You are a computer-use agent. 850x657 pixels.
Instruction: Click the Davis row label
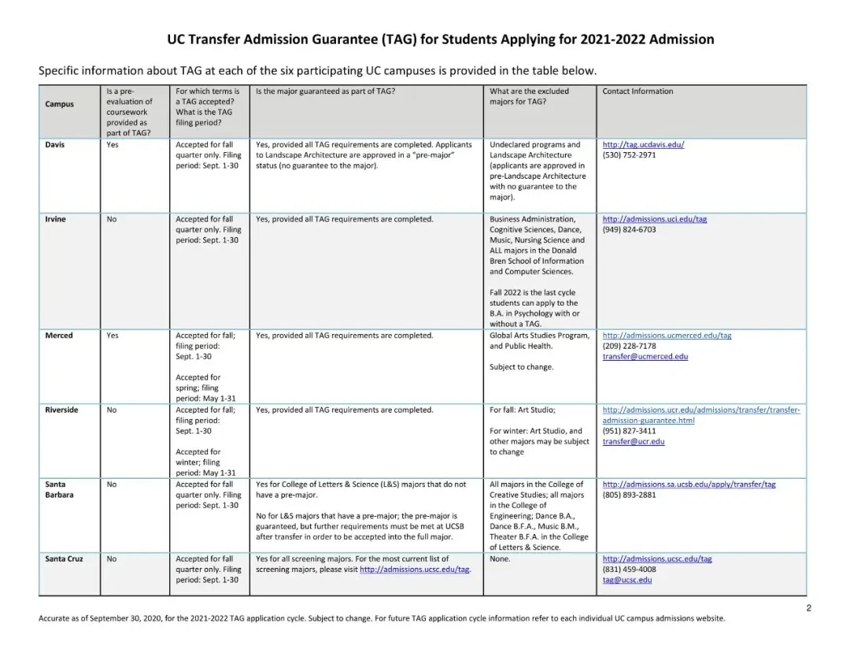[x=55, y=145]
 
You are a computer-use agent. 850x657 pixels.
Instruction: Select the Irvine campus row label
[x=56, y=219]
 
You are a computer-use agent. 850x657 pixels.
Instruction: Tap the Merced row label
[x=59, y=336]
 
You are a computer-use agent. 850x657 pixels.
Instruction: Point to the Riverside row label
[x=62, y=410]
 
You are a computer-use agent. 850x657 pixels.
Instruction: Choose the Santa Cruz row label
[x=64, y=559]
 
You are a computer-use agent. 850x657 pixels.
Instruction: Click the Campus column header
[x=60, y=104]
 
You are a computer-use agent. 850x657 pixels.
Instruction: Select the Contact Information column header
[x=637, y=91]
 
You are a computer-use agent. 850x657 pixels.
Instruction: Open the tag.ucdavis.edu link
[x=643, y=145]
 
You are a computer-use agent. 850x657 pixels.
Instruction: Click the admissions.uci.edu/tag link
[x=654, y=219]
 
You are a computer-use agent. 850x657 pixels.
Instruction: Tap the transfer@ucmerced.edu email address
[x=645, y=356]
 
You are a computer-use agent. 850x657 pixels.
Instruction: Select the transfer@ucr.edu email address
[x=634, y=441]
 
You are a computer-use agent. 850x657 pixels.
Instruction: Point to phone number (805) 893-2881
[x=629, y=495]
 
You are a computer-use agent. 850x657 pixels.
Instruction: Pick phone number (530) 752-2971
[x=629, y=155]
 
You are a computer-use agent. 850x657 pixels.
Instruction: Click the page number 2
[x=808, y=607]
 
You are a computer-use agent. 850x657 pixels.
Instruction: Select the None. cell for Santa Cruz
[x=500, y=559]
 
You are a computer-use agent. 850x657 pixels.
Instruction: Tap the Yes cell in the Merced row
[x=113, y=336]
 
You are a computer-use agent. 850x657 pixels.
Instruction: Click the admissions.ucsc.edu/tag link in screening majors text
[x=415, y=570]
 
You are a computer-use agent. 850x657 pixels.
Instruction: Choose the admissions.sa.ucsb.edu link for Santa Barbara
[x=689, y=484]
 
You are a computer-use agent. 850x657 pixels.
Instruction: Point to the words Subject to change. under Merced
[x=521, y=367]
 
